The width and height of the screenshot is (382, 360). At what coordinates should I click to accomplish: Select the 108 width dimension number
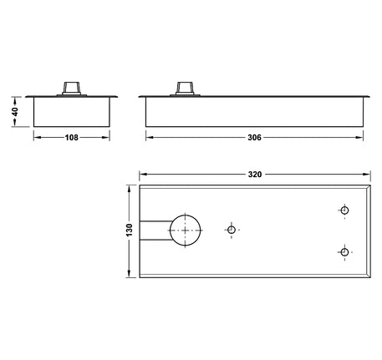tap(72, 138)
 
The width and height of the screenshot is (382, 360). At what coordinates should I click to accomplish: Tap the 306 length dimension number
tap(256, 138)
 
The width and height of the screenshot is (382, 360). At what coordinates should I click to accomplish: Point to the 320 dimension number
tap(255, 175)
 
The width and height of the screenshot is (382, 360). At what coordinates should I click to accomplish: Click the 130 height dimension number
tap(129, 229)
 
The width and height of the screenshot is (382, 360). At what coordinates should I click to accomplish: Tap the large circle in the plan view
tap(186, 229)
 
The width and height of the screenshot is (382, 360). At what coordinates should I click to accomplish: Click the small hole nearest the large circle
tap(232, 229)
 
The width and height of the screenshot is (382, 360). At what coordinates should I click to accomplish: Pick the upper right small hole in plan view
tap(344, 210)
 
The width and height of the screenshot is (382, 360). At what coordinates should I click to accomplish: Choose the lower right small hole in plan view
tap(344, 251)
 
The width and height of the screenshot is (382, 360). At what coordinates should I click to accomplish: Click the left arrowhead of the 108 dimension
tap(37, 138)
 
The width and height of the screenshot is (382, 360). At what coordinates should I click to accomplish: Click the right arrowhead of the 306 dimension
tap(363, 138)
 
